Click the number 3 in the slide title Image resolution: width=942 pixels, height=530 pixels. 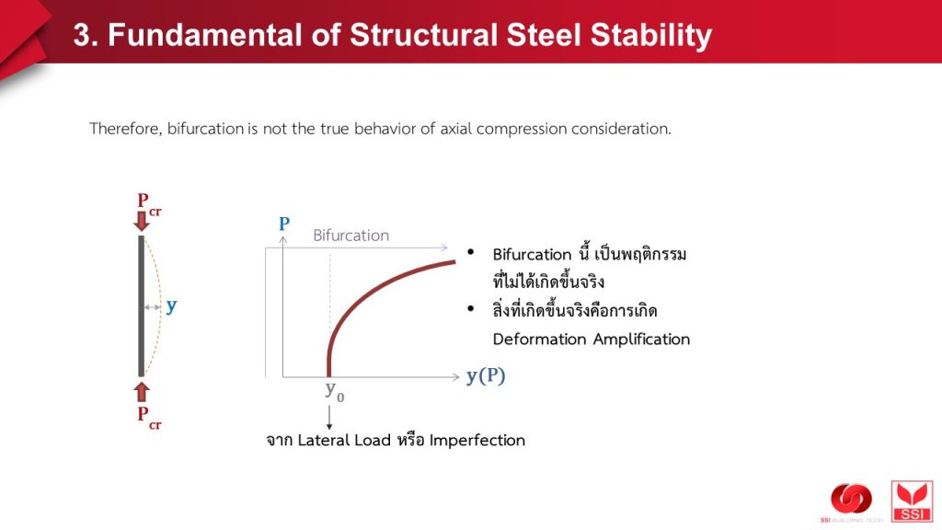coord(82,35)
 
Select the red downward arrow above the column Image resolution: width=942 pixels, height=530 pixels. coord(142,221)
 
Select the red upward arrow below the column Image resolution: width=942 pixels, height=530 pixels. coord(142,391)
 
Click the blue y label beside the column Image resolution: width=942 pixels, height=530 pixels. coord(172,305)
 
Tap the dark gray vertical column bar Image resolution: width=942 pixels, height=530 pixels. coord(141,305)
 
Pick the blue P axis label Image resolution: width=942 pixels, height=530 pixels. coord(284,224)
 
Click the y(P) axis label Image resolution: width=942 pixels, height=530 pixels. coord(486,376)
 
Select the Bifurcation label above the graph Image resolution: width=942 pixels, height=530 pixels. coord(350,236)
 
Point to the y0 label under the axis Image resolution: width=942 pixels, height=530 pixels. coord(335,391)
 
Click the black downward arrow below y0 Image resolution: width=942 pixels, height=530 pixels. coord(329,417)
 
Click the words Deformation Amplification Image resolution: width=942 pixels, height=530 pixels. coord(592,340)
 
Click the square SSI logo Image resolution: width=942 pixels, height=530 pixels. coord(912,501)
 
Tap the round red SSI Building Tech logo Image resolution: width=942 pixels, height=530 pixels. coord(851,499)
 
